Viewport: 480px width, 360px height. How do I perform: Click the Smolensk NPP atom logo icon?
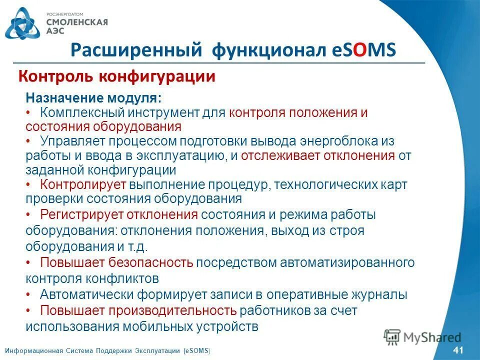[x=21, y=23]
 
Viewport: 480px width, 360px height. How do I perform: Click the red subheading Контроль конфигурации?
[x=116, y=76]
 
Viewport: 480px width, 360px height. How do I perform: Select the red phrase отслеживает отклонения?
[x=318, y=155]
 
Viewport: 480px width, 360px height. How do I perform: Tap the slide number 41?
[x=457, y=349]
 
